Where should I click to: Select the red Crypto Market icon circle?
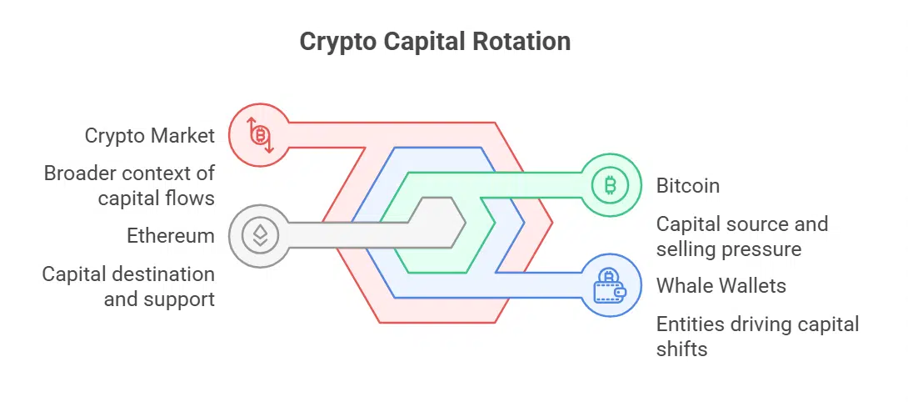click(x=259, y=134)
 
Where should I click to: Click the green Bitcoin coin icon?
click(x=611, y=185)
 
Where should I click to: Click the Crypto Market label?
click(x=150, y=135)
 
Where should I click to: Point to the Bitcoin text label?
click(x=688, y=185)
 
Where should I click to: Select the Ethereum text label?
click(x=171, y=236)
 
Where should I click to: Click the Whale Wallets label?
click(x=721, y=286)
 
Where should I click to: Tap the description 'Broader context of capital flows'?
click(x=129, y=185)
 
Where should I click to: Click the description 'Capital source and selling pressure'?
click(x=741, y=236)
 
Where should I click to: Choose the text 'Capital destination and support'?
click(x=128, y=286)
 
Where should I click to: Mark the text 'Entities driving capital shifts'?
click(x=757, y=336)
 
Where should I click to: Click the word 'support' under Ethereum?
click(x=179, y=299)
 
